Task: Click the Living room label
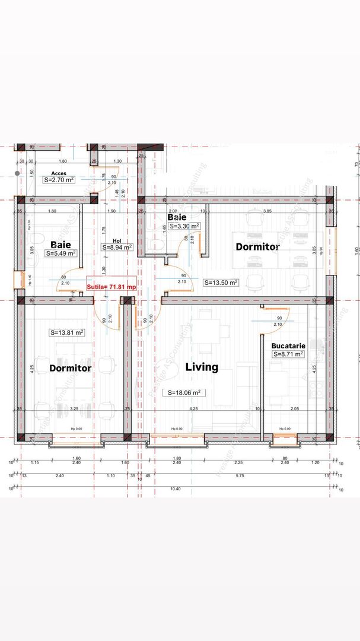click(x=202, y=367)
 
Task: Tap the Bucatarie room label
click(x=288, y=345)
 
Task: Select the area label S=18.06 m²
click(x=186, y=392)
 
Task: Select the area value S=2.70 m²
click(x=59, y=179)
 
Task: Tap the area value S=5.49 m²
click(x=61, y=253)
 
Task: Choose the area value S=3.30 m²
click(x=184, y=226)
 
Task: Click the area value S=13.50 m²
click(x=221, y=283)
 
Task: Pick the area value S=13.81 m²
click(x=66, y=332)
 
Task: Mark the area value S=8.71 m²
click(x=288, y=354)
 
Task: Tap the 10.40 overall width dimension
click(x=176, y=488)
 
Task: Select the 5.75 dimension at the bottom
click(x=240, y=475)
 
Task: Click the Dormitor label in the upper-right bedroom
click(x=257, y=246)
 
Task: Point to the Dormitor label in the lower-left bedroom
click(x=70, y=368)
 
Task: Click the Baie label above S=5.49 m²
click(x=61, y=244)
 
